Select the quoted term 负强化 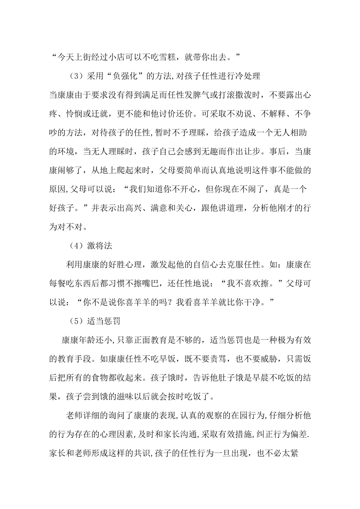click(123, 76)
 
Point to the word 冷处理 click(247, 76)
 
